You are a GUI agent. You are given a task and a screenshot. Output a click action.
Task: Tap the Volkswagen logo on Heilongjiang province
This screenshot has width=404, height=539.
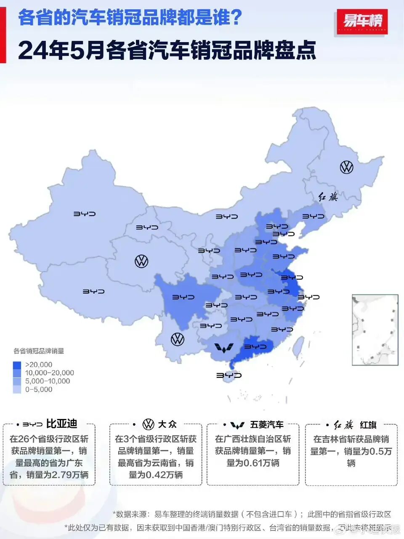point(346,167)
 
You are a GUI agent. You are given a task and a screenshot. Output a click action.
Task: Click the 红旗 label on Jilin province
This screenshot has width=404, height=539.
point(328,197)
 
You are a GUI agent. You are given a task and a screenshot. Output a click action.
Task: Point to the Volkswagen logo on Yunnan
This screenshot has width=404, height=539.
point(178,339)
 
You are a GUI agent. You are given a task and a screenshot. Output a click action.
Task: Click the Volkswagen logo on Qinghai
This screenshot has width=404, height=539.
point(141,261)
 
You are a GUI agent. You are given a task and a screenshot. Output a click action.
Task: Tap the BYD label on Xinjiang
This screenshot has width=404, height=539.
point(85,214)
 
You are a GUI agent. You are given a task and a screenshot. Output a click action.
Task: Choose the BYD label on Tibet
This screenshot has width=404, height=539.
point(93,291)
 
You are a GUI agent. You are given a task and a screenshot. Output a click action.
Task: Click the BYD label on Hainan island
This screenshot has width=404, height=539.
point(229,375)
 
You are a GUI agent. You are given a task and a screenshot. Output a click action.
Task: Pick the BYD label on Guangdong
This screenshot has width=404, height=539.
point(255,347)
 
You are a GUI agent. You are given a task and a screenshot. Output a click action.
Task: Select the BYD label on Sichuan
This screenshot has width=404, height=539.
point(183,297)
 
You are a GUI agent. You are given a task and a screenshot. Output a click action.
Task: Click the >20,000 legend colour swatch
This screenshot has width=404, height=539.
point(17,365)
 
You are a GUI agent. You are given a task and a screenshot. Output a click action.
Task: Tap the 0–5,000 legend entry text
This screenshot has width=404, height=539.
point(39,390)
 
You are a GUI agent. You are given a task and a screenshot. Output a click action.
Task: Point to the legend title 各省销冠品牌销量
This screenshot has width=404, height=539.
point(39,351)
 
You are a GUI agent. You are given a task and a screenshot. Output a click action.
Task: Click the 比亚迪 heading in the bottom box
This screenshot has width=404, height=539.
point(61,424)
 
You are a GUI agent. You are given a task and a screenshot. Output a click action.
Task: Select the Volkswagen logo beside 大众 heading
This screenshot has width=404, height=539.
point(149,424)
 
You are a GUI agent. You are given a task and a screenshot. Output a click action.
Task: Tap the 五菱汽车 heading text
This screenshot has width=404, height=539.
point(267,424)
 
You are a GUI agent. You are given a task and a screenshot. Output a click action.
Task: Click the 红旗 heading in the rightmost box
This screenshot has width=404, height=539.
point(368,425)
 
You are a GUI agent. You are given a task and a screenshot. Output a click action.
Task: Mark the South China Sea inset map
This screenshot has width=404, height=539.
point(375,330)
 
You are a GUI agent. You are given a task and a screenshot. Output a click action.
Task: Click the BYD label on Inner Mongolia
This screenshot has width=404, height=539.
point(227,216)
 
